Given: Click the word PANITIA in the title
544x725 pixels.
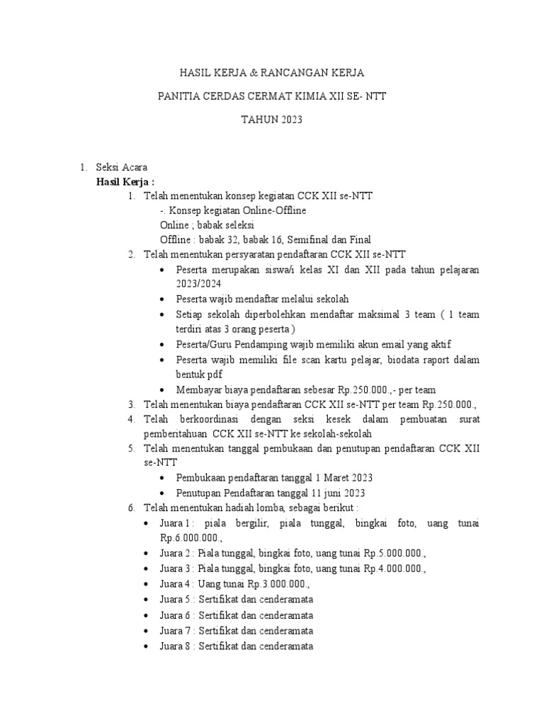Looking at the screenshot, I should click(180, 96).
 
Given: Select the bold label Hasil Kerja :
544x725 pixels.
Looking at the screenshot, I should click(125, 181).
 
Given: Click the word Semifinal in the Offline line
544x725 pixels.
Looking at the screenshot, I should click(305, 239).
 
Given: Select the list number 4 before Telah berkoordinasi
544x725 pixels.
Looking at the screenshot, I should click(131, 419).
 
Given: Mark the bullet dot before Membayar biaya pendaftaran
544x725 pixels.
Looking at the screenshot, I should click(164, 389).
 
